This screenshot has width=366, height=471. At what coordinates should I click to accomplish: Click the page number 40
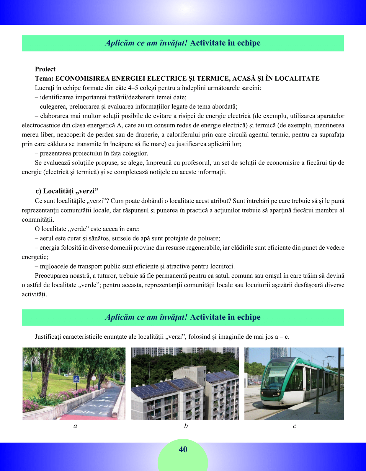point(183,449)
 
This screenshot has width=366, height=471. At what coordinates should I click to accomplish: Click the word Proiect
point(45,69)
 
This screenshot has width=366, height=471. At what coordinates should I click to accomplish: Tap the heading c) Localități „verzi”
point(67,191)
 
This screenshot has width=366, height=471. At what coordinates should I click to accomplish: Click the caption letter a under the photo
point(75,426)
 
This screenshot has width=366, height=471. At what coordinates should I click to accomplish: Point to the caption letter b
point(186,425)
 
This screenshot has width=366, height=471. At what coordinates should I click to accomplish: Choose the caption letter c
point(294,426)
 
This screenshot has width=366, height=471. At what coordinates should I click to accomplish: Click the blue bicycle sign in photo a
point(76,379)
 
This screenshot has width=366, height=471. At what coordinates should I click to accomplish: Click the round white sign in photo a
point(94,379)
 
